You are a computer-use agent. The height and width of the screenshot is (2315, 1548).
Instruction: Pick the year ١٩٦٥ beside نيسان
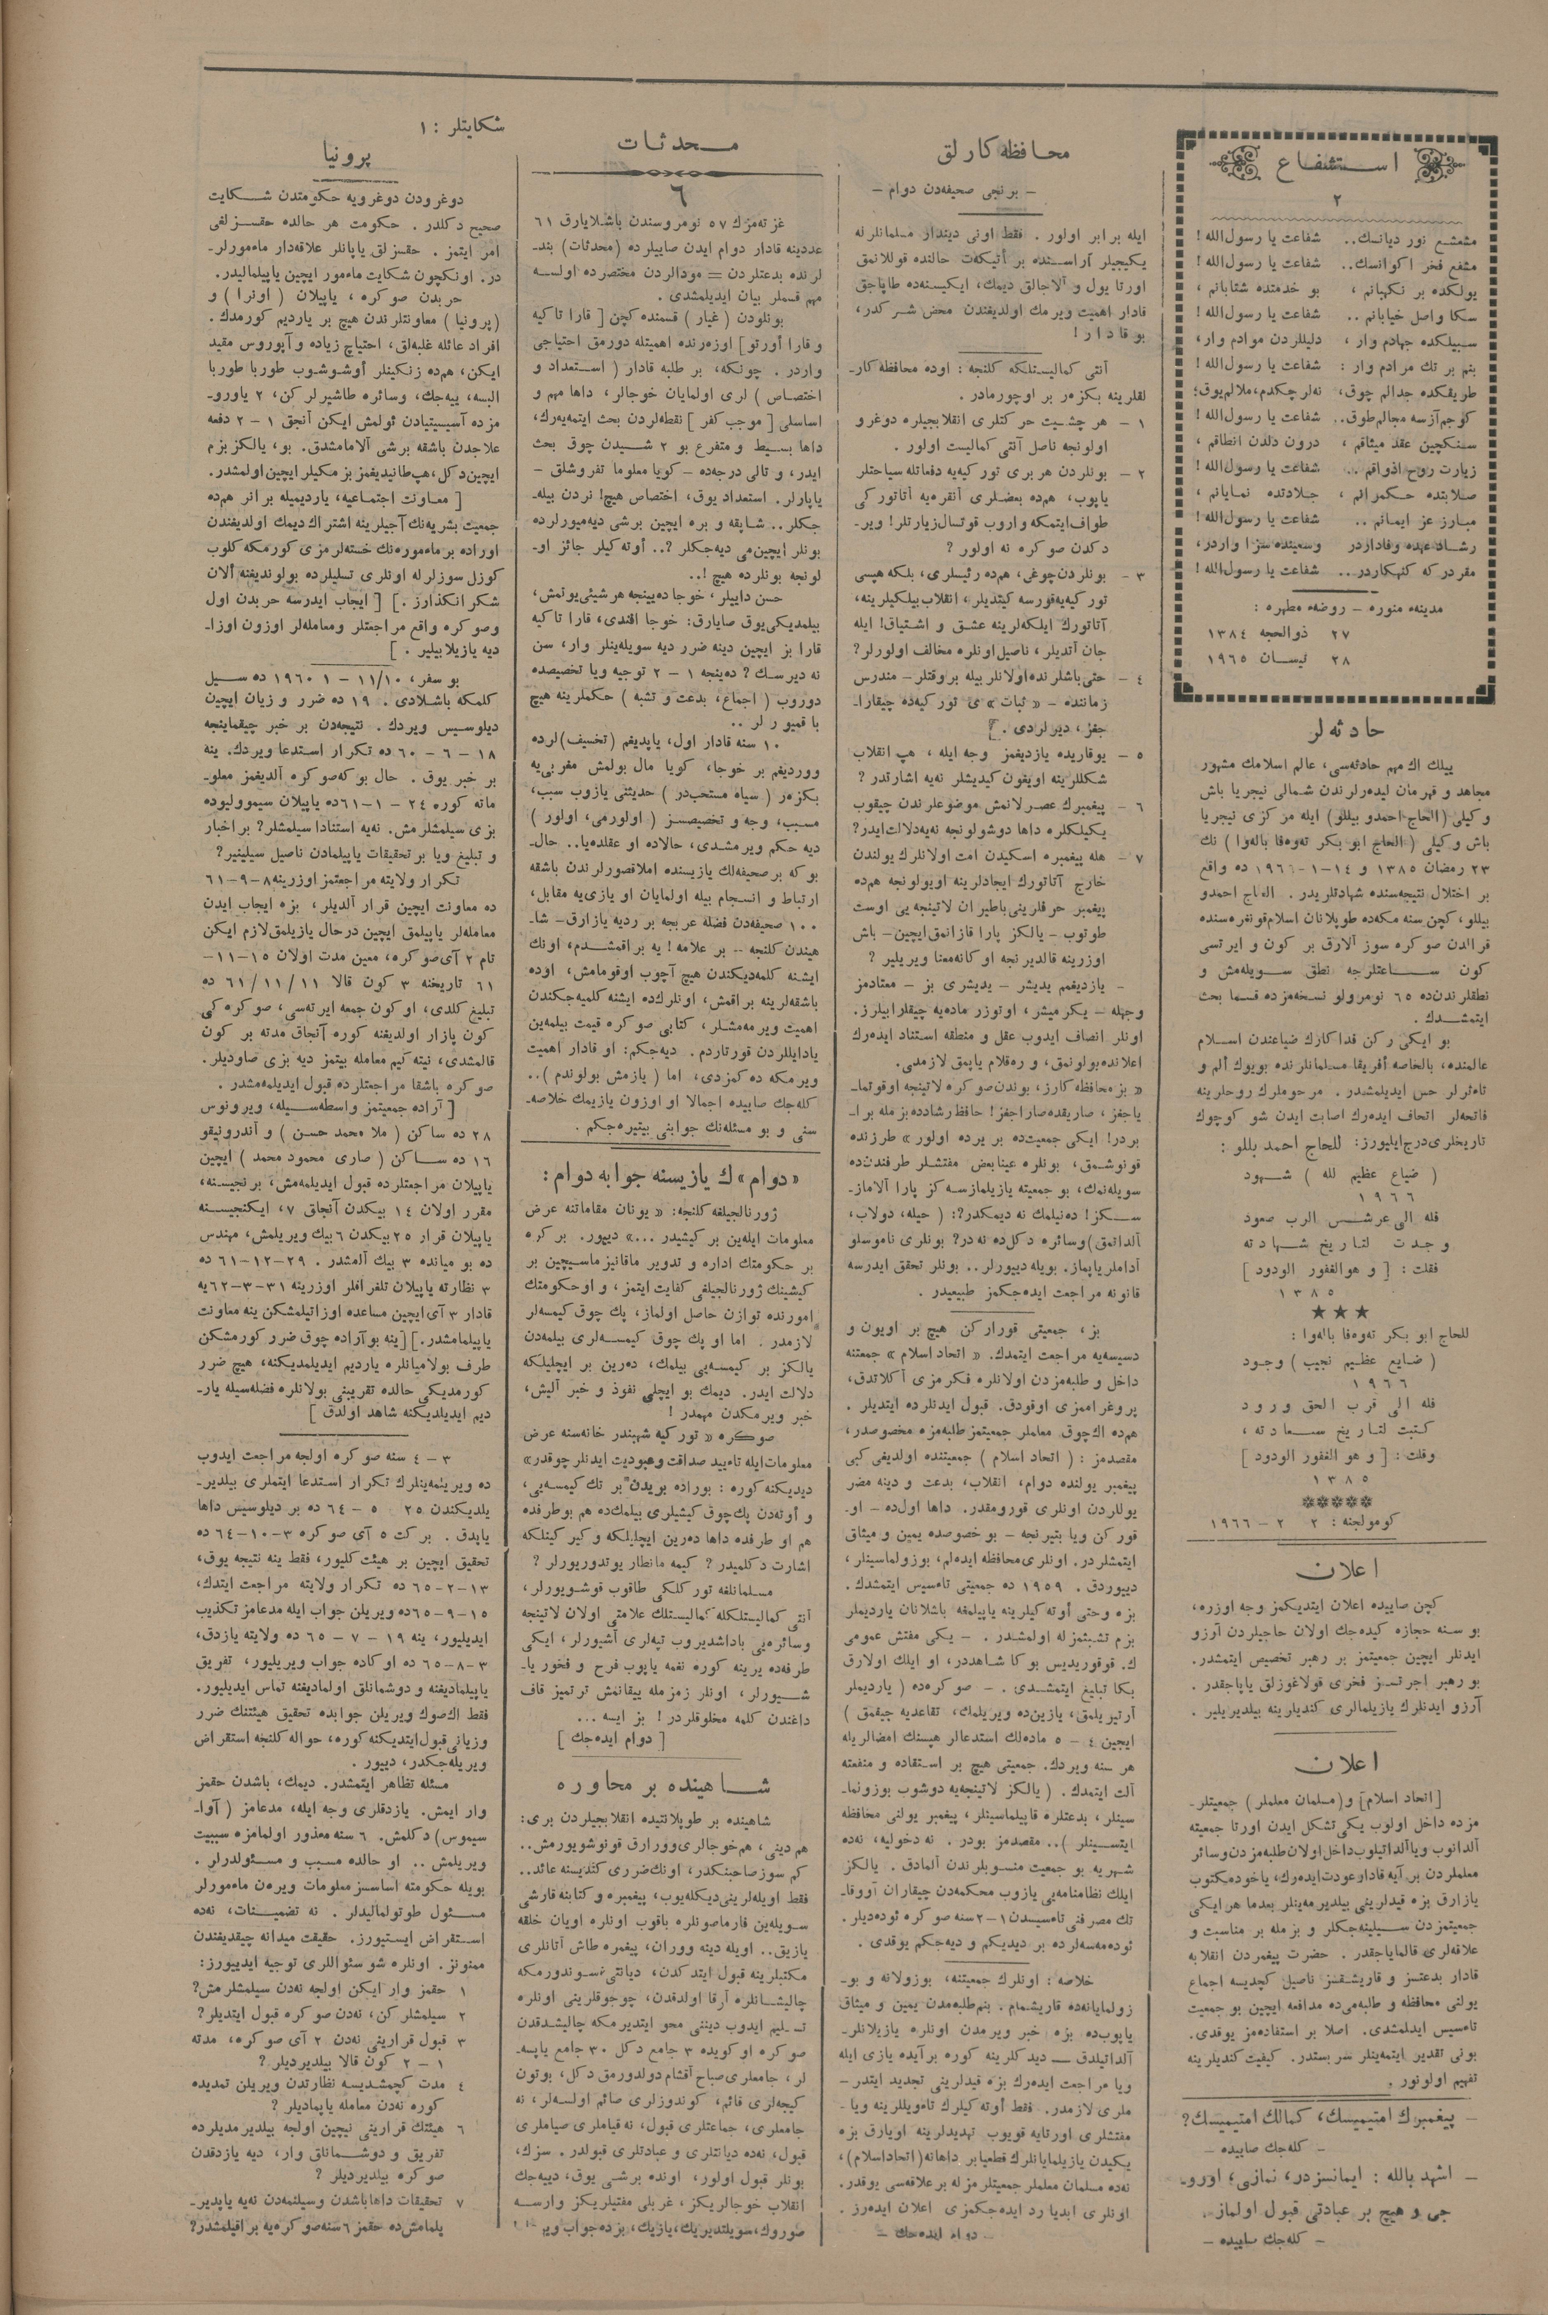pos(1231,657)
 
